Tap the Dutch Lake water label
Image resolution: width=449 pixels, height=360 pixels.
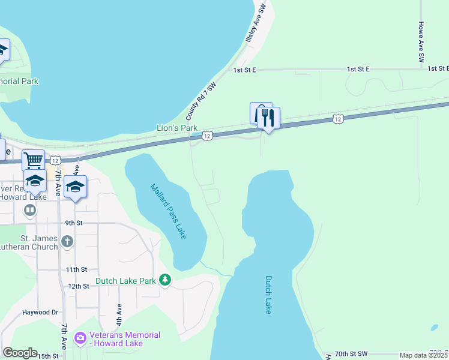(x=268, y=295)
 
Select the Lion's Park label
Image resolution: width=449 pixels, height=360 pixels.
(x=176, y=128)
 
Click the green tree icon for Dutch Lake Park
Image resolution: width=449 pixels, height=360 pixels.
(x=165, y=280)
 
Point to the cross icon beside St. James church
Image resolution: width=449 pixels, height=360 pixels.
(x=67, y=242)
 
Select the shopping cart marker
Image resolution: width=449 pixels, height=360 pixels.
(x=33, y=160)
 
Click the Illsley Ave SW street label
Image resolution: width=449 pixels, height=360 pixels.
(x=255, y=24)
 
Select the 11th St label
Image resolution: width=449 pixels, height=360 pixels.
(x=77, y=270)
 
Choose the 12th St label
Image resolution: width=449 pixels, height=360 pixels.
(x=78, y=286)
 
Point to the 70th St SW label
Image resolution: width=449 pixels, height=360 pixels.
(x=351, y=355)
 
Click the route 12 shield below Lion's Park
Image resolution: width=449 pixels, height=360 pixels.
(x=207, y=136)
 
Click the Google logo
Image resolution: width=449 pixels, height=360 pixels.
(x=20, y=353)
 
